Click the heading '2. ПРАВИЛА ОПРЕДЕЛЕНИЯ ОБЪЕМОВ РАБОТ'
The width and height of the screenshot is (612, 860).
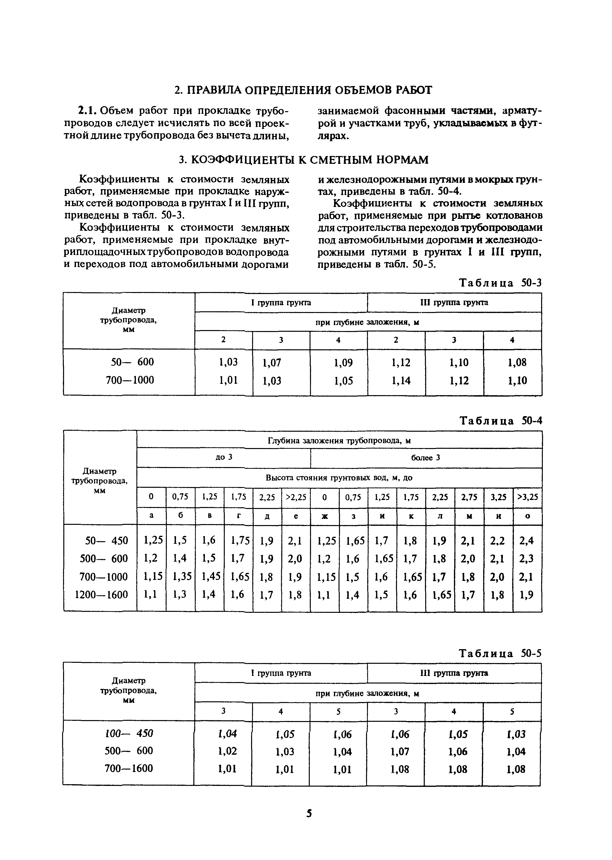[303, 90]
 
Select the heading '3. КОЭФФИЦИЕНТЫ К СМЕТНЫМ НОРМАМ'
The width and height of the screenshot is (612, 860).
[303, 160]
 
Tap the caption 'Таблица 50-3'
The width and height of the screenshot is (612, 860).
[500, 283]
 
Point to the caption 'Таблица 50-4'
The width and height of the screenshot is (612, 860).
[500, 421]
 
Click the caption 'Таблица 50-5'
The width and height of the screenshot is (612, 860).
[500, 653]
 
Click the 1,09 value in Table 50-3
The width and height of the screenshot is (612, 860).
[343, 363]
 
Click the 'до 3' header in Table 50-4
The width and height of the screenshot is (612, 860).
[224, 457]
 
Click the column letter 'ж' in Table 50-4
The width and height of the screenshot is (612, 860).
[324, 517]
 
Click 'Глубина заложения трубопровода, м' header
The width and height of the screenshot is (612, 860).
[339, 440]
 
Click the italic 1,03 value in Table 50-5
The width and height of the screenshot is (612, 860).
[516, 734]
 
